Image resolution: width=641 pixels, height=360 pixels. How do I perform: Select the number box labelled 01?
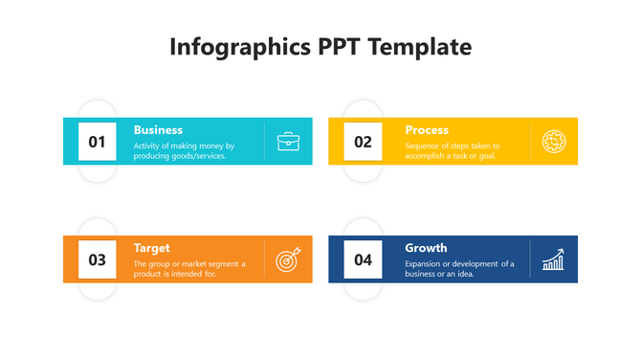(97, 142)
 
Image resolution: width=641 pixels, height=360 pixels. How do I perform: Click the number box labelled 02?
(363, 142)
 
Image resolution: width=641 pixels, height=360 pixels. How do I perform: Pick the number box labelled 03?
(97, 259)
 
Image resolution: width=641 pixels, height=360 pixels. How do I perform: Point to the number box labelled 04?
(363, 259)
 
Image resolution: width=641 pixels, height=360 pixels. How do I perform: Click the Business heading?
(158, 130)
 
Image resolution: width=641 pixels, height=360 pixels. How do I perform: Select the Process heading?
(426, 130)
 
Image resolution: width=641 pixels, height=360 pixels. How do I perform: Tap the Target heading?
(152, 248)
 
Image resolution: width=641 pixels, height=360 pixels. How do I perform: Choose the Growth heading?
(426, 248)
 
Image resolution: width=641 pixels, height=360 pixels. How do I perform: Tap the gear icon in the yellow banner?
(554, 142)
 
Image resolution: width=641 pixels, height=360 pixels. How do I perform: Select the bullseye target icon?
(288, 259)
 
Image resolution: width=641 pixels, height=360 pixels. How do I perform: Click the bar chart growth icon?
(554, 259)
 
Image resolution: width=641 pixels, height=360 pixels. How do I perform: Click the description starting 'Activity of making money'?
(184, 150)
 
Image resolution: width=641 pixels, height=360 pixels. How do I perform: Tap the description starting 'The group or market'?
(188, 268)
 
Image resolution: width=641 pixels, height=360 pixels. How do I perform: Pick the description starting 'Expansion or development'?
(459, 268)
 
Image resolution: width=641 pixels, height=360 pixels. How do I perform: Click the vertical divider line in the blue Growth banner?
(530, 259)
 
